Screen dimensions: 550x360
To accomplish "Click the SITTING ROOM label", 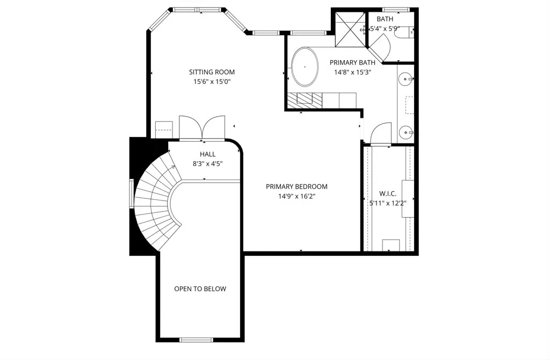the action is (x=212, y=72).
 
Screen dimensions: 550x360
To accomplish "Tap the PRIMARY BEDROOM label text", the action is (x=296, y=186).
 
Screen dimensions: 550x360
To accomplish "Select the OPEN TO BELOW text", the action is (x=200, y=289).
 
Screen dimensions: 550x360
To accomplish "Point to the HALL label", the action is (x=208, y=154).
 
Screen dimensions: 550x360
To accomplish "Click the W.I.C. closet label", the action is (x=388, y=193).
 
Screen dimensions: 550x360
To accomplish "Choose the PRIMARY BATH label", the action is (x=352, y=62).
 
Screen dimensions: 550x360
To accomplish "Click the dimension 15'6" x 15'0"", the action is (x=212, y=82).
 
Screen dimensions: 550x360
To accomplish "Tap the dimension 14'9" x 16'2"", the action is (x=296, y=196).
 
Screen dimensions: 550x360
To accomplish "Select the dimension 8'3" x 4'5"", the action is (x=208, y=163).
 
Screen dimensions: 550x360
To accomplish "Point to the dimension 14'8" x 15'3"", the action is (x=352, y=73).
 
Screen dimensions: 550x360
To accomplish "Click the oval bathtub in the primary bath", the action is (x=305, y=67).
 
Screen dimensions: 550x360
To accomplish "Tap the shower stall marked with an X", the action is (x=350, y=30).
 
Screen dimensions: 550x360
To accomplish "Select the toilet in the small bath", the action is (x=404, y=33).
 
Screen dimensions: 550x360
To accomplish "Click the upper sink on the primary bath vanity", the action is (x=406, y=80).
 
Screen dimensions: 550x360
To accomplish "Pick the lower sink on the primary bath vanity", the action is (x=406, y=133).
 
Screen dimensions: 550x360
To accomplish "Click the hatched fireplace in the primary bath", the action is (x=305, y=100).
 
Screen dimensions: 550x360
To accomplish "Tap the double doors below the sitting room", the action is (x=202, y=128).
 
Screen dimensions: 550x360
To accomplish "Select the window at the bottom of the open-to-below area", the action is (x=196, y=340).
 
